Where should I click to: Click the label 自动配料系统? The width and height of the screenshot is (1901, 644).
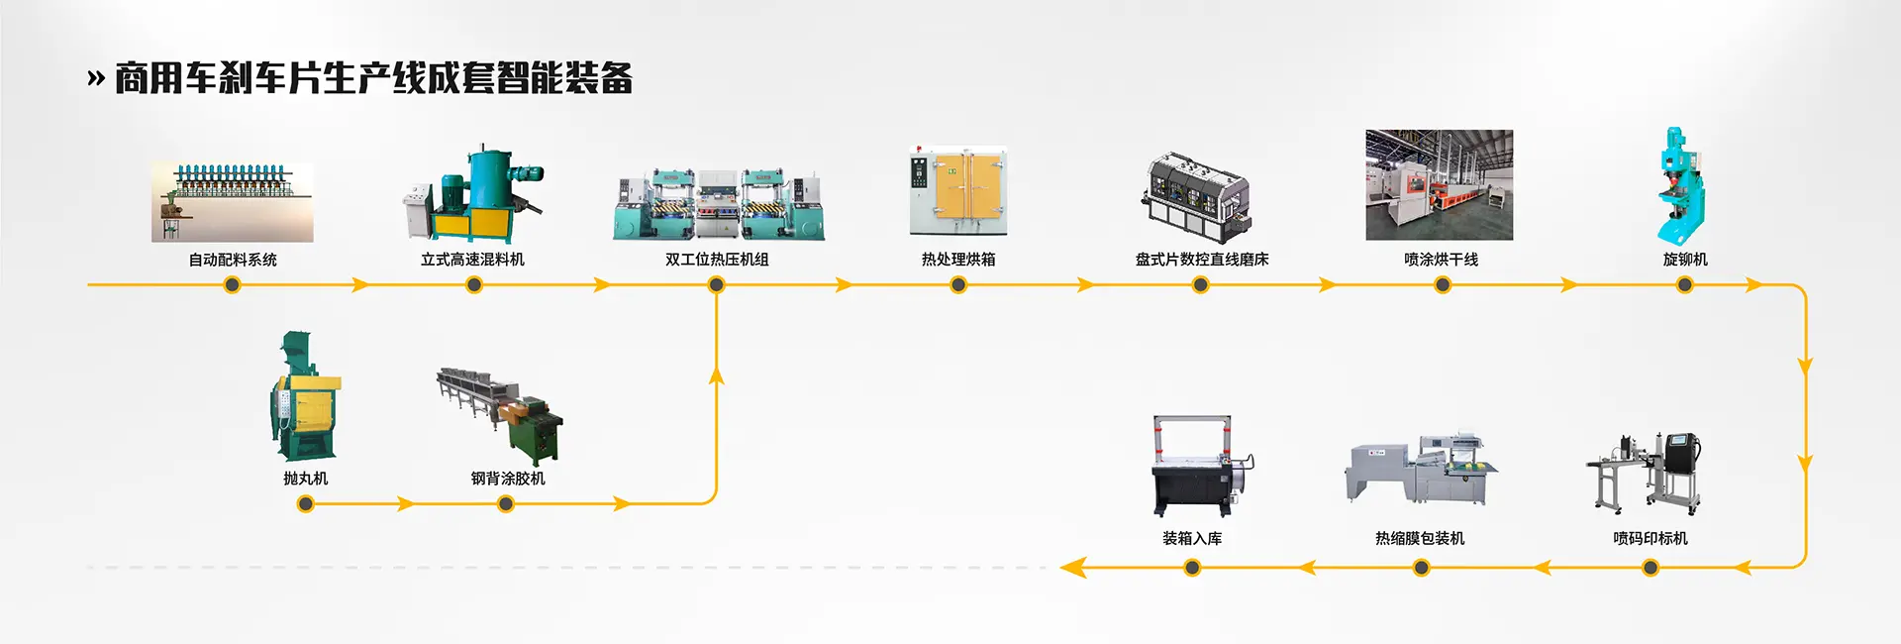tap(233, 260)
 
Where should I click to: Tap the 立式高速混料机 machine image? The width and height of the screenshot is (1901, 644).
tap(473, 195)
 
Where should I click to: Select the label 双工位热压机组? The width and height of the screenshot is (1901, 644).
tap(717, 260)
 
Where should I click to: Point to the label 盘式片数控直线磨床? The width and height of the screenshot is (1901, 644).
tap(1201, 260)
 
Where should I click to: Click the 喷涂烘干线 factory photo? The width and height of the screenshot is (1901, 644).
tap(1439, 185)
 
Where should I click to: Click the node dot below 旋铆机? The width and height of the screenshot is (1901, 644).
tap(1684, 285)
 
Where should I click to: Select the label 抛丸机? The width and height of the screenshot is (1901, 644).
tap(305, 479)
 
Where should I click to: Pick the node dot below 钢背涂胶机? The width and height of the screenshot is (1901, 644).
tap(506, 504)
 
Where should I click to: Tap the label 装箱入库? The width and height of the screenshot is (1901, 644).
tap(1192, 539)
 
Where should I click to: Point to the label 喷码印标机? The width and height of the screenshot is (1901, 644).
tap(1650, 539)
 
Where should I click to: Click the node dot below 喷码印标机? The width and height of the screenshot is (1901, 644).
tap(1650, 568)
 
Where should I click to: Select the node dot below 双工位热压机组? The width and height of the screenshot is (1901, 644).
tap(716, 285)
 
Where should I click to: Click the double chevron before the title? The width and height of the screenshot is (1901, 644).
tap(96, 78)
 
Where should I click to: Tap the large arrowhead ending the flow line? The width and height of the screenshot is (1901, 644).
tap(1072, 568)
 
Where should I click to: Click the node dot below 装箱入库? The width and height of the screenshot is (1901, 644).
tap(1192, 568)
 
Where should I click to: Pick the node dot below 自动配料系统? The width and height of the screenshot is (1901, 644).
tap(232, 285)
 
